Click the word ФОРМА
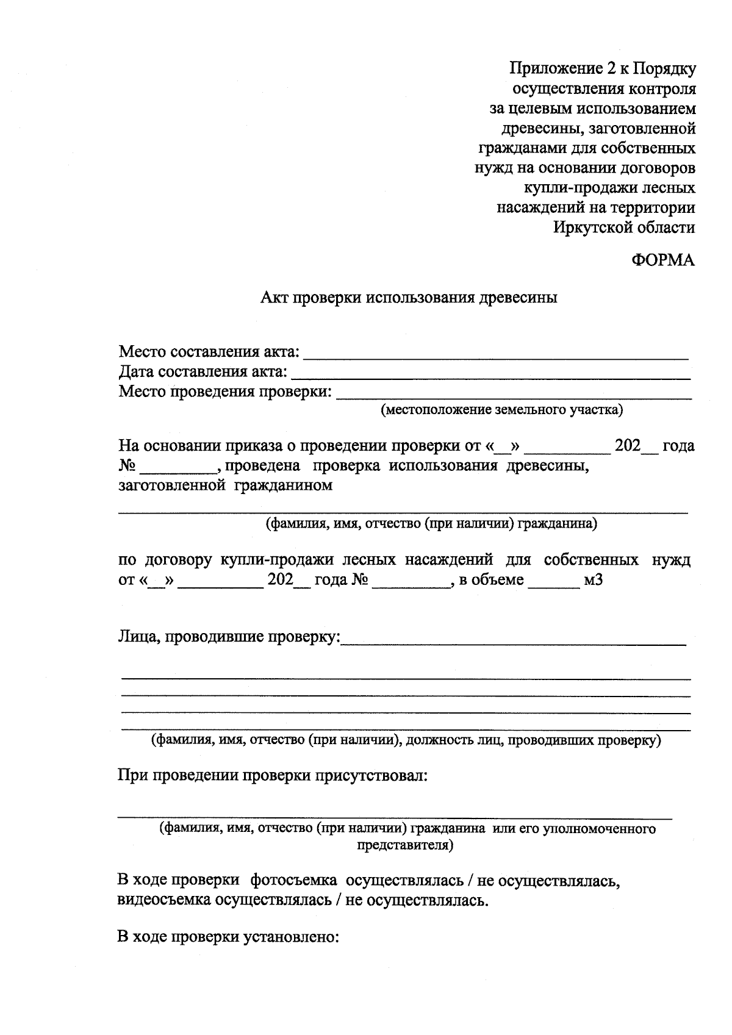coord(663,260)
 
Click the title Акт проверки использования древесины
coord(409,298)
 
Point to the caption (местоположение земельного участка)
coord(501,410)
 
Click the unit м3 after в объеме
coord(593,579)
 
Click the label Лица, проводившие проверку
coord(229,637)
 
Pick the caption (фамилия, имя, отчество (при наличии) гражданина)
coord(431,523)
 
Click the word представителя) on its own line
coord(404,845)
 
